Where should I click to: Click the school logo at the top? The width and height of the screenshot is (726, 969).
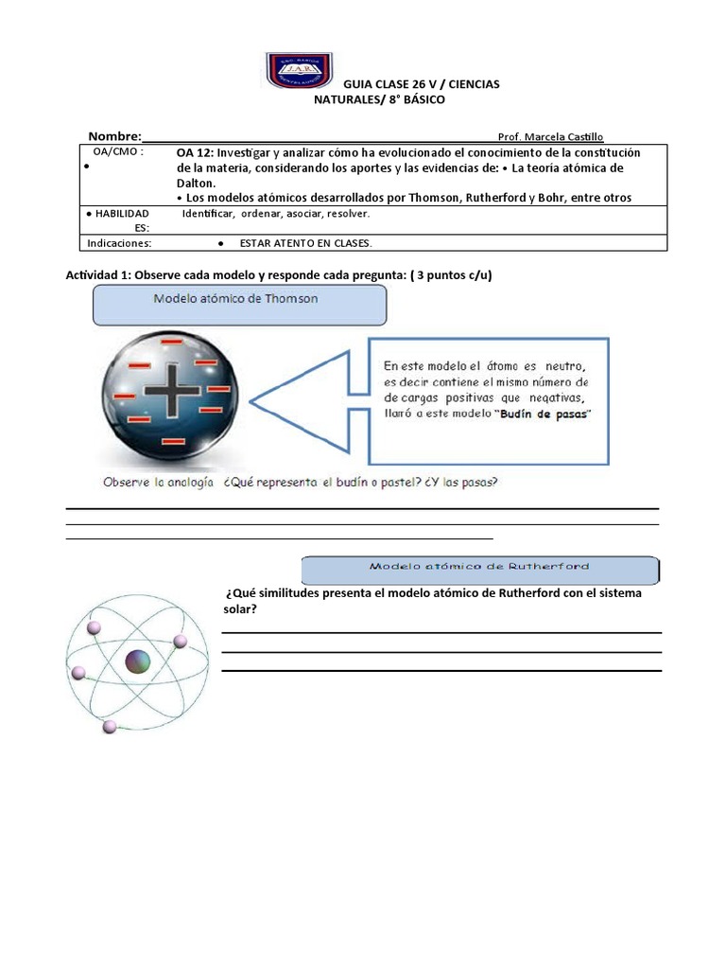coord(298,71)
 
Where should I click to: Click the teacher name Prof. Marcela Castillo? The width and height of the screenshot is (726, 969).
coord(550,137)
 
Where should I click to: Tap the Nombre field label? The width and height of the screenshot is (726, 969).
coord(114,136)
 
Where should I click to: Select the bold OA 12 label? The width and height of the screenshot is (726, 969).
coord(195,153)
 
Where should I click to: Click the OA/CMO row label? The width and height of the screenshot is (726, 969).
coord(117,152)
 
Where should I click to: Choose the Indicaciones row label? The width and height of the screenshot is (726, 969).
coord(120,243)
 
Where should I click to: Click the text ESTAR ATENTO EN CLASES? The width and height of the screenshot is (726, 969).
coord(306,243)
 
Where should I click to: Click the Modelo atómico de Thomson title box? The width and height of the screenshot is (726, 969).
coord(239,305)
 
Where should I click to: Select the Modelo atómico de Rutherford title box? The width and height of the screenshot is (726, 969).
coord(479,569)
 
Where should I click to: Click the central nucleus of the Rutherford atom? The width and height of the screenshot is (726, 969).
coord(138,661)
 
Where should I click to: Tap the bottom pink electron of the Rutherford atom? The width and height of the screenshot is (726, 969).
coord(110,727)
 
